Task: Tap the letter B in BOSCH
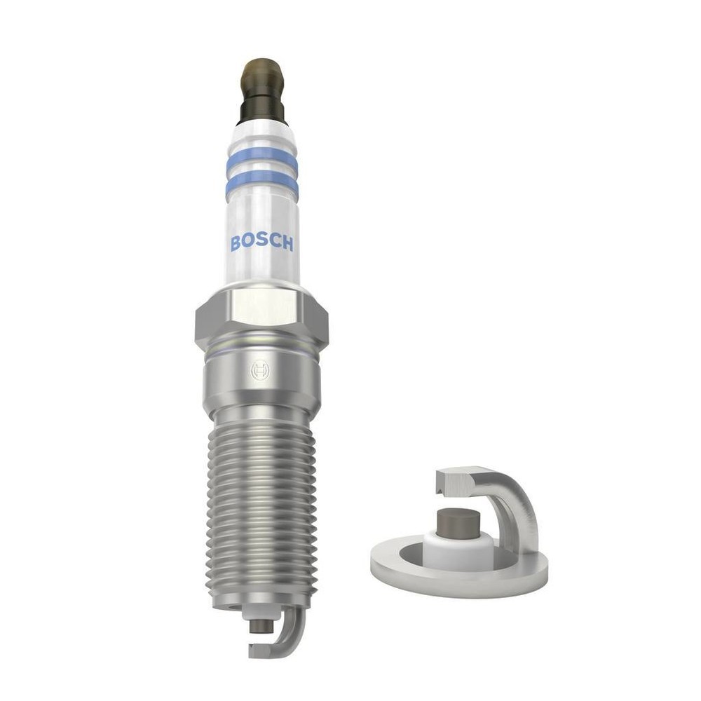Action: [x=236, y=243]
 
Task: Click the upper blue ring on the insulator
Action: [x=261, y=161]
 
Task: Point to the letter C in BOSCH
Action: [x=274, y=243]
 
